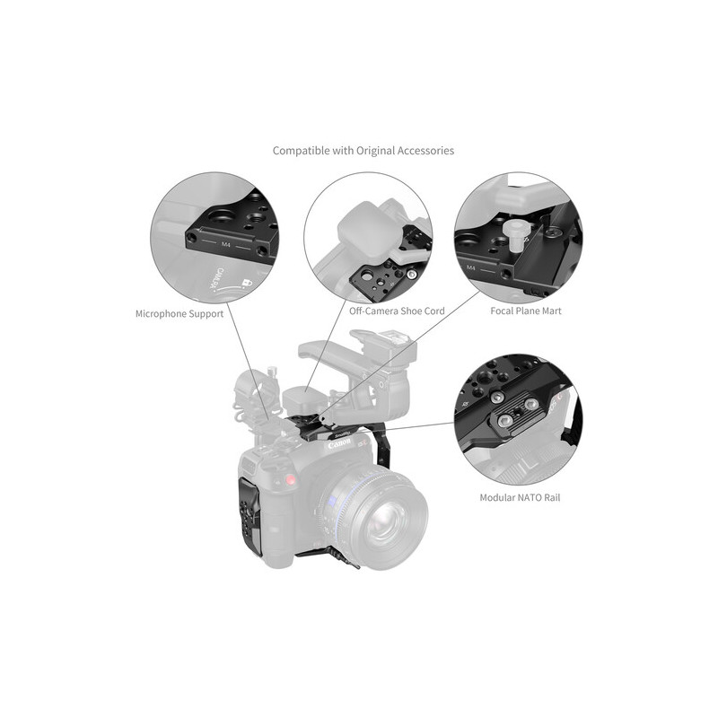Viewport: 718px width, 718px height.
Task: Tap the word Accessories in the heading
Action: pyautogui.click(x=425, y=151)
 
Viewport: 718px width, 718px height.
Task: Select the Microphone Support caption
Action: pyautogui.click(x=179, y=314)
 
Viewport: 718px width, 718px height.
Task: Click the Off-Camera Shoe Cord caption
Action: pyautogui.click(x=397, y=311)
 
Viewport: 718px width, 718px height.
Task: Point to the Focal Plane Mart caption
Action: pyautogui.click(x=526, y=311)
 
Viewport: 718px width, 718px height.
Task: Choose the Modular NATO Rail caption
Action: pyautogui.click(x=520, y=498)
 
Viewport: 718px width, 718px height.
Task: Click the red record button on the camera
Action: pyautogui.click(x=289, y=480)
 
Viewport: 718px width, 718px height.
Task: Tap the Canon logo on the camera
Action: pyautogui.click(x=339, y=444)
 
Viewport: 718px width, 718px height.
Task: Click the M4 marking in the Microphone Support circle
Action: pyautogui.click(x=226, y=244)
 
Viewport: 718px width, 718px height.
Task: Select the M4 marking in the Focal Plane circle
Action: pyautogui.click(x=470, y=267)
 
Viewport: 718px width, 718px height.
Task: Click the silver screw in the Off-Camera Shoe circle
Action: pyautogui.click(x=412, y=275)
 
